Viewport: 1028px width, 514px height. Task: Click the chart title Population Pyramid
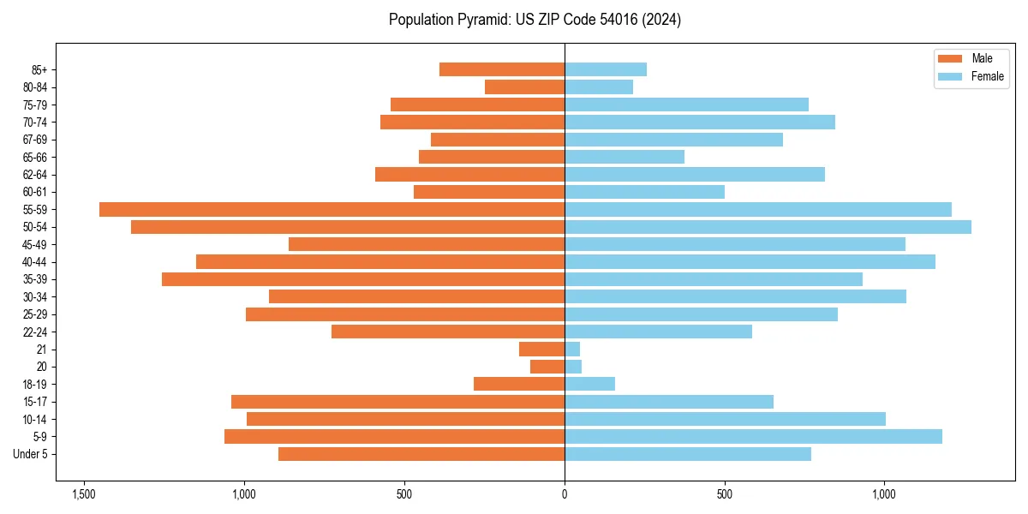(x=535, y=20)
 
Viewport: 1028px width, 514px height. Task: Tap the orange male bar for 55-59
(x=332, y=209)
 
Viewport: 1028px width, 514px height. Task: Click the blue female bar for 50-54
(x=768, y=227)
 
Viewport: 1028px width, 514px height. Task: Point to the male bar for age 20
(x=547, y=367)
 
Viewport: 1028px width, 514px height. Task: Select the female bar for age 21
(x=572, y=350)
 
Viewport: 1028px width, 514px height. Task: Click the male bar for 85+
(x=502, y=69)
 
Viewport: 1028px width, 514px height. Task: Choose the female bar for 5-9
(x=753, y=437)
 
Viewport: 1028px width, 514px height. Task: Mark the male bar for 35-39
(x=363, y=279)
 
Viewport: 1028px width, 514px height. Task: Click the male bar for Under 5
(x=421, y=454)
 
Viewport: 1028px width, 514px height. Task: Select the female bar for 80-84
(x=599, y=87)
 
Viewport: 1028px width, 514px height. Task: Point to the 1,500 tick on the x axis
(x=84, y=494)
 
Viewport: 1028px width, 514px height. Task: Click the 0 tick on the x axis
(x=565, y=494)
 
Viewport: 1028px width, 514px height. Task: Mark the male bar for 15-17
(x=397, y=402)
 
